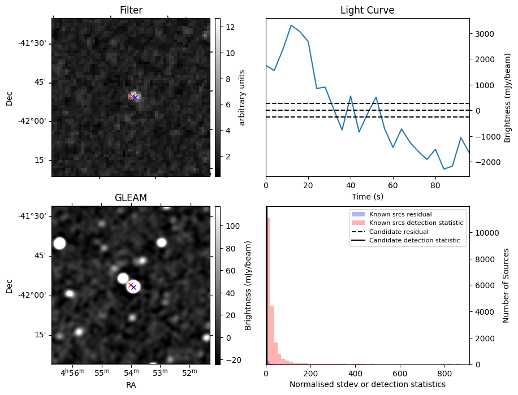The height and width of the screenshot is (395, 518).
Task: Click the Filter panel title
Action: [131, 10]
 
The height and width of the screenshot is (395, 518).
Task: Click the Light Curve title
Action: [367, 10]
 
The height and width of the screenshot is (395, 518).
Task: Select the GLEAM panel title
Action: [131, 198]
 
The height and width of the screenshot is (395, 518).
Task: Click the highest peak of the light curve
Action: [291, 25]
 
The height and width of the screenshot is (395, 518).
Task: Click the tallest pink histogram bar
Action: [268, 291]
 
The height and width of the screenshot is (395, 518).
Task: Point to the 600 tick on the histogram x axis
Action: [400, 373]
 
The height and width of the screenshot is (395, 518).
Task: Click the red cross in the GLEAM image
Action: [131, 285]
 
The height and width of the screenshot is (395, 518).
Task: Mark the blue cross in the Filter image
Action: [135, 98]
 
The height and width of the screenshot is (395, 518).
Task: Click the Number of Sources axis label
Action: [506, 285]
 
